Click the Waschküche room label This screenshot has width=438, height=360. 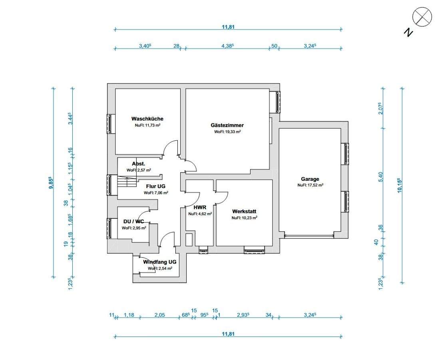coord(147,119)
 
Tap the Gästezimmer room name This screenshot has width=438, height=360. coord(227,125)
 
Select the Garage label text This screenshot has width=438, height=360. coord(310,179)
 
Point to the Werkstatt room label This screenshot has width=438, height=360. coord(244,212)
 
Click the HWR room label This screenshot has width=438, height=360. coord(200,207)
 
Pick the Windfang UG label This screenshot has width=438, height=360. coord(160,262)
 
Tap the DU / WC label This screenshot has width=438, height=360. coord(133,222)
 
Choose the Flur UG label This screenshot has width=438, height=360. coord(155,186)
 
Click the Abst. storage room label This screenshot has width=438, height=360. coord(139,164)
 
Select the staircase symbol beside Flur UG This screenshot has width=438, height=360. coord(126,182)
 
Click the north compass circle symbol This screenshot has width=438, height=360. coord(422,17)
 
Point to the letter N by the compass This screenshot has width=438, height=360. coord(408,32)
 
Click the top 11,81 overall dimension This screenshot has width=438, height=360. coord(228,27)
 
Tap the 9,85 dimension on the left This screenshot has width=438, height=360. coord(51,183)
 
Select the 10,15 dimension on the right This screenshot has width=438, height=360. coord(399,185)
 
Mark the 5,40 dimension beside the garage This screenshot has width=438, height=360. coord(380,177)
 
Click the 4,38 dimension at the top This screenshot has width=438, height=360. coord(227,46)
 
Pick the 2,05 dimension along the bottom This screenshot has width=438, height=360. coord(159,315)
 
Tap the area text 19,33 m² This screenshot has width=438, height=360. coord(227,132)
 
